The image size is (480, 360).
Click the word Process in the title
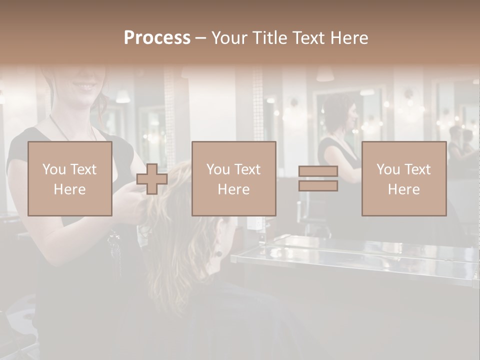[157, 38]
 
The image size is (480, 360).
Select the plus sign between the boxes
[152, 179]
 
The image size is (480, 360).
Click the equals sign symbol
[318, 178]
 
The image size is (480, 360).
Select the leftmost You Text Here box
[69, 178]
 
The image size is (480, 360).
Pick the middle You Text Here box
[233, 178]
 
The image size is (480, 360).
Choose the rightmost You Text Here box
[403, 178]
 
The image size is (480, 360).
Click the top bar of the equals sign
[318, 171]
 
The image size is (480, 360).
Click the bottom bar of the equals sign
[318, 185]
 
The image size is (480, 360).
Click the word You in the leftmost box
[54, 169]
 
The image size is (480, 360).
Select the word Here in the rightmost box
[403, 189]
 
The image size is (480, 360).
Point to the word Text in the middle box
[248, 169]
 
